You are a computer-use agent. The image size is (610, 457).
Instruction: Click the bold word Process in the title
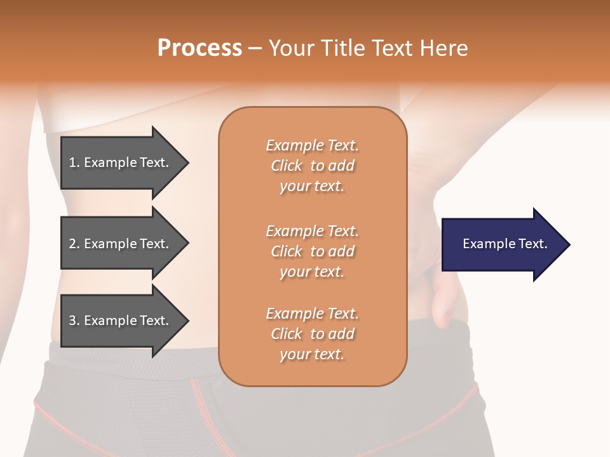coord(200,48)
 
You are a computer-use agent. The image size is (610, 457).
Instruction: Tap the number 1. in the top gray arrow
coord(74,162)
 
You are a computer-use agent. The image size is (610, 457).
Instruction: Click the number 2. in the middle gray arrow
coord(74,244)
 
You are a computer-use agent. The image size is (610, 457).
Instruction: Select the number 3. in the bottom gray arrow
coord(74,321)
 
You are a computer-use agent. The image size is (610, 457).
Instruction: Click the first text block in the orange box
coord(312,166)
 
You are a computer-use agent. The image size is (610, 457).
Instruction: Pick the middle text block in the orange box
coord(312,251)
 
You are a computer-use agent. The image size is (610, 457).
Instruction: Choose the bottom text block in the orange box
coord(312,334)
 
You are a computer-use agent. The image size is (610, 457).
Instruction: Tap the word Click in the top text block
coord(287,166)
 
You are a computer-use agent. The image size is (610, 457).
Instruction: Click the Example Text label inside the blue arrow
coord(505,244)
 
